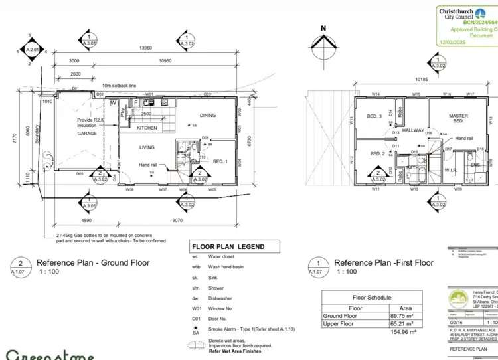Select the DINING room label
pos(208,115)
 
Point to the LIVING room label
pos(147,148)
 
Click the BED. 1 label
pos(220,161)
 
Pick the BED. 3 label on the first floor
pos(374,116)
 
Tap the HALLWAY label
pos(413,130)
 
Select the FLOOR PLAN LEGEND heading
pos(228,247)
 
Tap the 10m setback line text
pos(118,86)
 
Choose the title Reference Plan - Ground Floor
pos(92,263)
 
